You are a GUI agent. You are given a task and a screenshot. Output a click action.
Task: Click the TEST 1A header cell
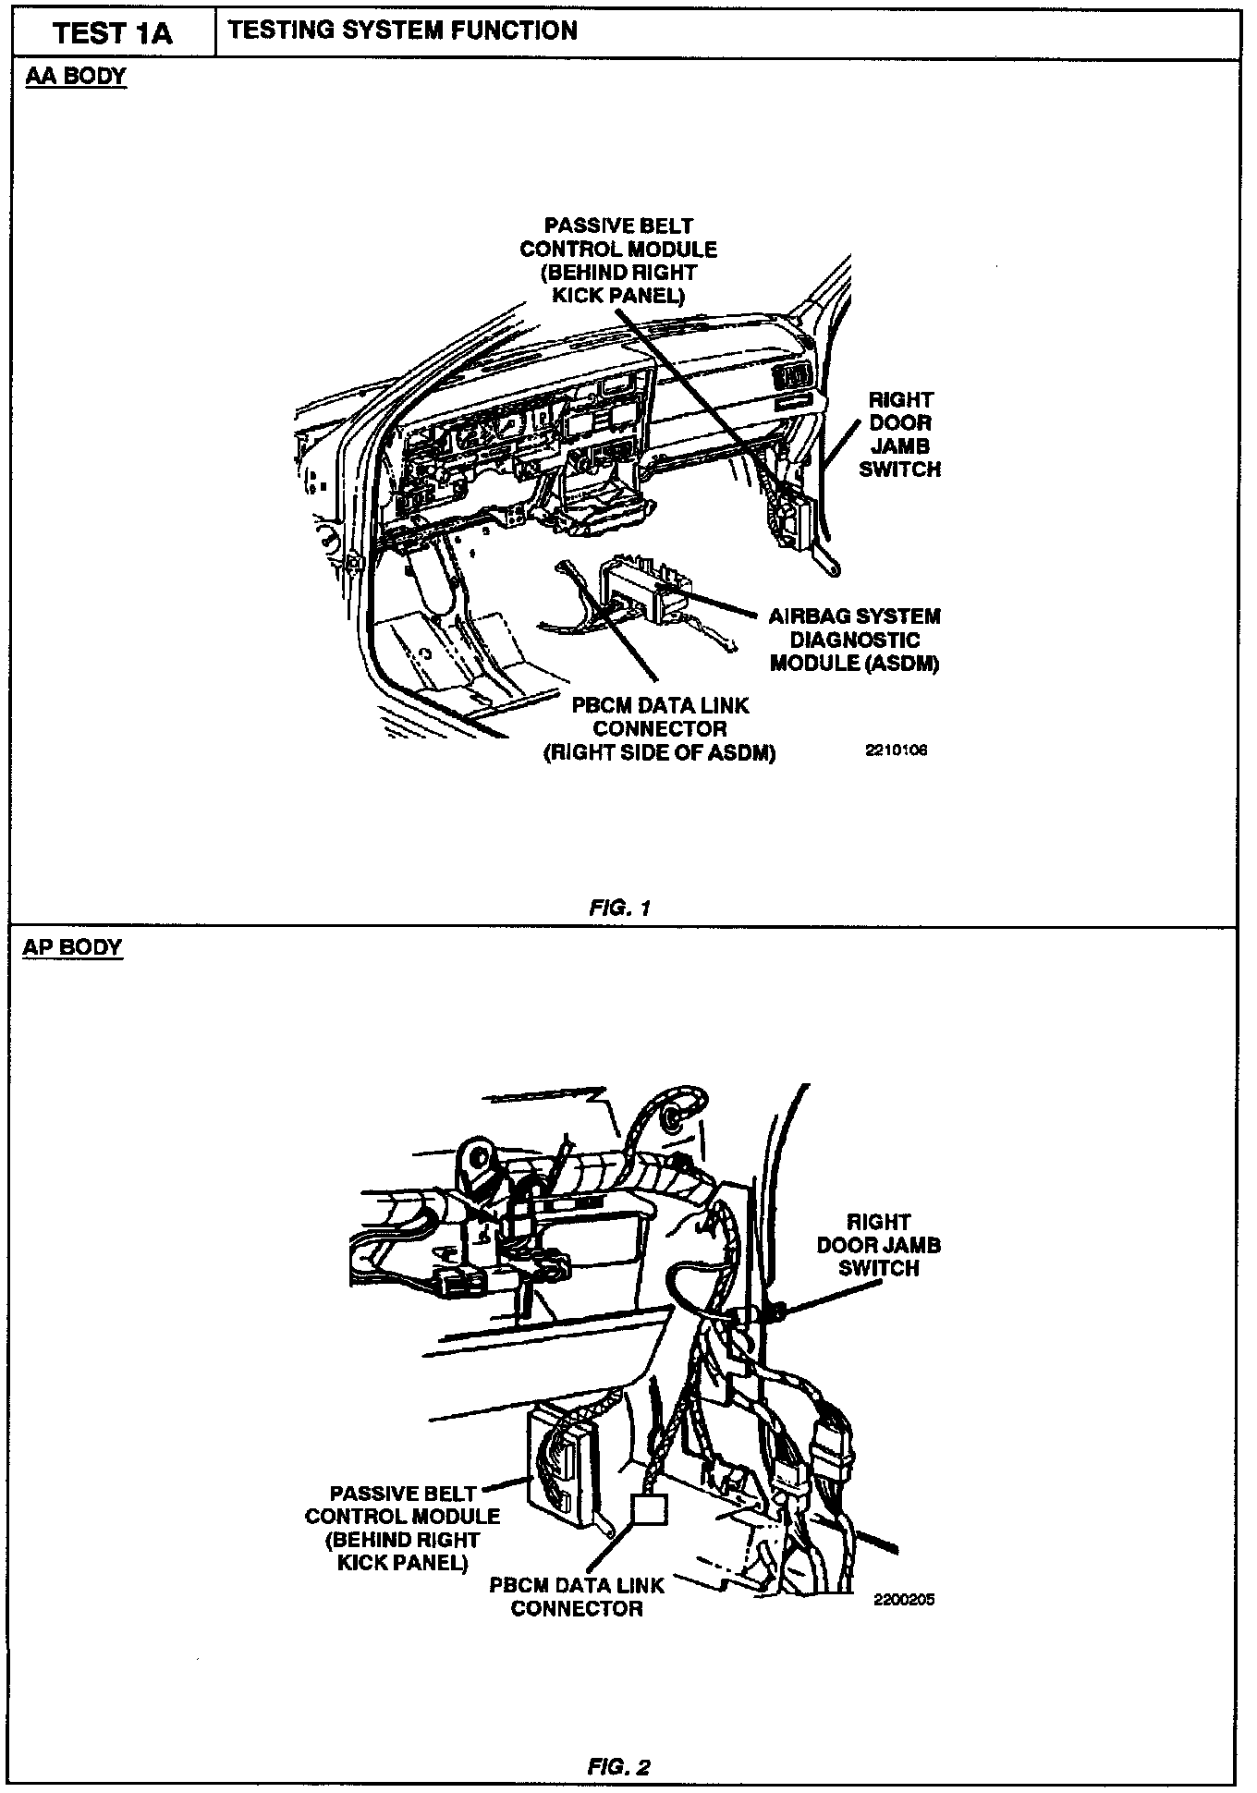click(x=113, y=34)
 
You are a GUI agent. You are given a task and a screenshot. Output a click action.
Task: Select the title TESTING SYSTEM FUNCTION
click(x=403, y=31)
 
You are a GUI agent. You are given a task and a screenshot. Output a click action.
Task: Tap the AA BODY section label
click(x=75, y=77)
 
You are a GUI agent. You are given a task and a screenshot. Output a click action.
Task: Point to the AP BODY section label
click(x=72, y=947)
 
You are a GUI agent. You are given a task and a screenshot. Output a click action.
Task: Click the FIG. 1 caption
click(x=619, y=908)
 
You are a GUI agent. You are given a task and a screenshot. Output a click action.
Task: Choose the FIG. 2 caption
click(x=619, y=1767)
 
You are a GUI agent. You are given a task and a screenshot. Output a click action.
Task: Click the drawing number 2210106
click(x=896, y=750)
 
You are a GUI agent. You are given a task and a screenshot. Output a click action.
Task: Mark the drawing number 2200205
click(x=903, y=1600)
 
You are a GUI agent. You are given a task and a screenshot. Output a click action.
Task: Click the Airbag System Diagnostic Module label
click(x=854, y=640)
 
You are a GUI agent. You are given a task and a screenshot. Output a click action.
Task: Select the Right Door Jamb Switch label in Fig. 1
click(x=899, y=434)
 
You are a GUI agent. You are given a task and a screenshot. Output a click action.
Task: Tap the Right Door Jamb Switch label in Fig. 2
click(x=878, y=1245)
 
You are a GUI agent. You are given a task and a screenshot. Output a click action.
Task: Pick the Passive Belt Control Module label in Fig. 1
click(x=618, y=261)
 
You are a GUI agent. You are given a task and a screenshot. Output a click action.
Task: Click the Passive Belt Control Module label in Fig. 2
click(x=403, y=1528)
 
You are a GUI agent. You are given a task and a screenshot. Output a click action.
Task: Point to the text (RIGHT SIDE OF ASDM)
click(x=659, y=752)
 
